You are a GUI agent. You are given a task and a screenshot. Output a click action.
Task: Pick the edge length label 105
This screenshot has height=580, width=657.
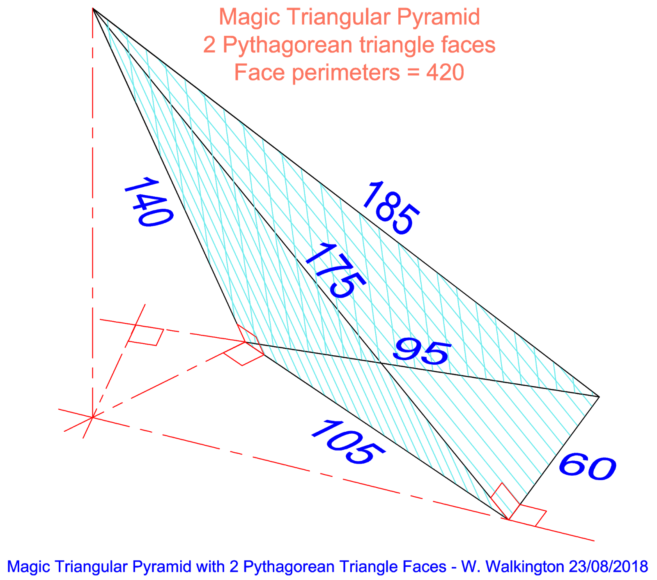pos(347,442)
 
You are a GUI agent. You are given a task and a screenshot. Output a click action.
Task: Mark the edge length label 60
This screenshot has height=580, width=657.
pos(587,467)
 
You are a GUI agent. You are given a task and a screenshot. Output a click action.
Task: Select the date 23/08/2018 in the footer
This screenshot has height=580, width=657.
pos(608,567)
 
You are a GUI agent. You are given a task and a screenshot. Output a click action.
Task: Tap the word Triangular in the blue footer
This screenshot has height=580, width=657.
pos(93,567)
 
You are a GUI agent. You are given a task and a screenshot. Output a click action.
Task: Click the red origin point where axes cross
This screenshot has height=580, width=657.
pos(93,417)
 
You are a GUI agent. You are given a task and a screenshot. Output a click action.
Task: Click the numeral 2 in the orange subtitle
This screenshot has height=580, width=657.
pos(209,45)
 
